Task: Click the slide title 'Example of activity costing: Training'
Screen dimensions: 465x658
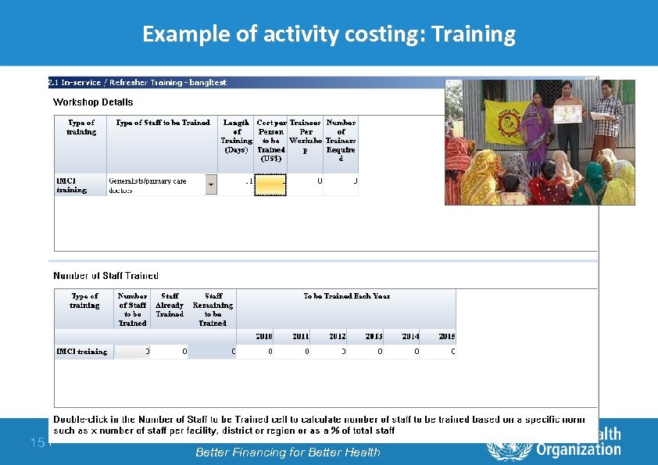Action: pyautogui.click(x=328, y=34)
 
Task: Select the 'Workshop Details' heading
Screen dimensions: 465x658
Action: pyautogui.click(x=93, y=102)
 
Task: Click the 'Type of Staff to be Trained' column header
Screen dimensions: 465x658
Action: pyautogui.click(x=163, y=123)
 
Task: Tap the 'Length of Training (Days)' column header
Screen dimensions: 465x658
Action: pyautogui.click(x=236, y=136)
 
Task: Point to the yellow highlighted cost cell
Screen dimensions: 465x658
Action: pyautogui.click(x=270, y=184)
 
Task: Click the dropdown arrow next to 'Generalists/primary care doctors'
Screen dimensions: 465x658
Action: pyautogui.click(x=211, y=185)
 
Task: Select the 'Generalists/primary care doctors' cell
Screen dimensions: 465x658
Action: pyautogui.click(x=156, y=185)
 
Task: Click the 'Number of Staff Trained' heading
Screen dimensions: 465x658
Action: pyautogui.click(x=105, y=276)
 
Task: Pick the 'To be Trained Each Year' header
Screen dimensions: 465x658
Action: pyautogui.click(x=346, y=296)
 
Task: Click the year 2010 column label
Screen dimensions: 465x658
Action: pyautogui.click(x=264, y=336)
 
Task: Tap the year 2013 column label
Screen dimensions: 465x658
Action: pyautogui.click(x=374, y=336)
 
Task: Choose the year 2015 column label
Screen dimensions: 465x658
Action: pyautogui.click(x=446, y=336)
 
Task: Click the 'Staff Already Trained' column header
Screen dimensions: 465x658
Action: pyautogui.click(x=170, y=305)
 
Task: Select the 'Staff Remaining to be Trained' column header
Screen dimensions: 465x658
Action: pyautogui.click(x=213, y=309)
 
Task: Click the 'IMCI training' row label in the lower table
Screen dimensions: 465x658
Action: pyautogui.click(x=82, y=352)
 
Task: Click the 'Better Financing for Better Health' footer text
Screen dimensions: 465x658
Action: pyautogui.click(x=288, y=452)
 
